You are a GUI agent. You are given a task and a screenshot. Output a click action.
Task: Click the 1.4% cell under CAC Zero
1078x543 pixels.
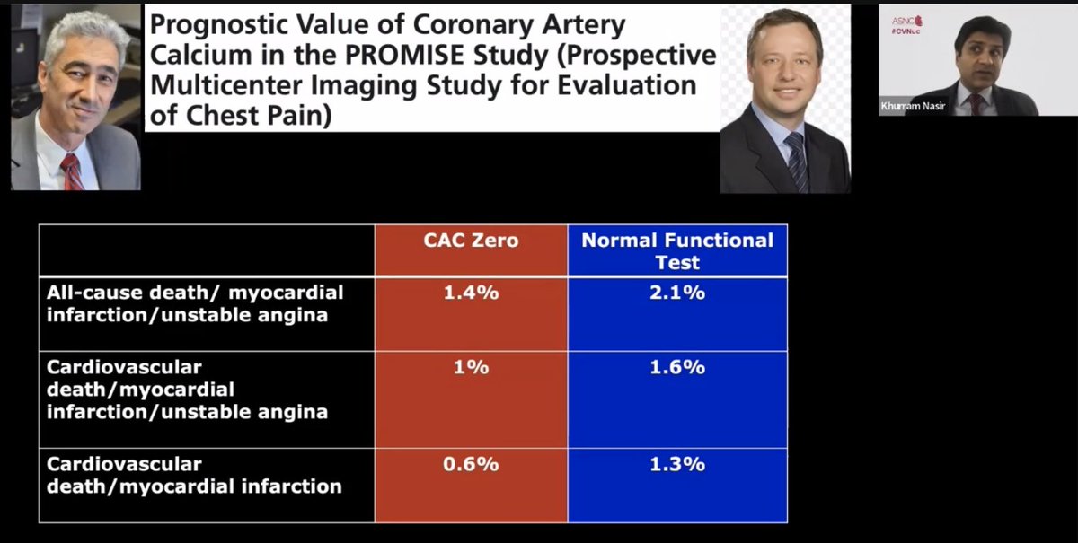pyautogui.click(x=471, y=293)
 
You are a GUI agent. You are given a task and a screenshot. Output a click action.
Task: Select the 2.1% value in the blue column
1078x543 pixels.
pyautogui.click(x=677, y=293)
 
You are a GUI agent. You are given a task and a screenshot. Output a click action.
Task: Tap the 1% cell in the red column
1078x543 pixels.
pyautogui.click(x=471, y=367)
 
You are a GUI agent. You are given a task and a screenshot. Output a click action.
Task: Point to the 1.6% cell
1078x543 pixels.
pyautogui.click(x=677, y=367)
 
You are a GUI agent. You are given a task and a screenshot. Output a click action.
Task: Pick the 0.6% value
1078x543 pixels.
pyautogui.click(x=471, y=464)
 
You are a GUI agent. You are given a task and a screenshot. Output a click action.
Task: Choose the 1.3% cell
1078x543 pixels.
pyautogui.click(x=677, y=464)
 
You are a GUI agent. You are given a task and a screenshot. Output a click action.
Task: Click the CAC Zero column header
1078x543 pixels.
pyautogui.click(x=471, y=241)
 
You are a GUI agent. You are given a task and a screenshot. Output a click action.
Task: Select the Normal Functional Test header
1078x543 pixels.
pyautogui.click(x=677, y=250)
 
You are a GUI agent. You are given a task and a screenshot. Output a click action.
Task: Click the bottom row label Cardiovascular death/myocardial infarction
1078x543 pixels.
pyautogui.click(x=194, y=476)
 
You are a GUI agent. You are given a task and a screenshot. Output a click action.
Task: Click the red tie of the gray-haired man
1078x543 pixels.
pyautogui.click(x=71, y=171)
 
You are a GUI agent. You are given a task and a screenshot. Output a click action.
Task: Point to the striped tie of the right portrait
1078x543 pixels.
pyautogui.click(x=795, y=162)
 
